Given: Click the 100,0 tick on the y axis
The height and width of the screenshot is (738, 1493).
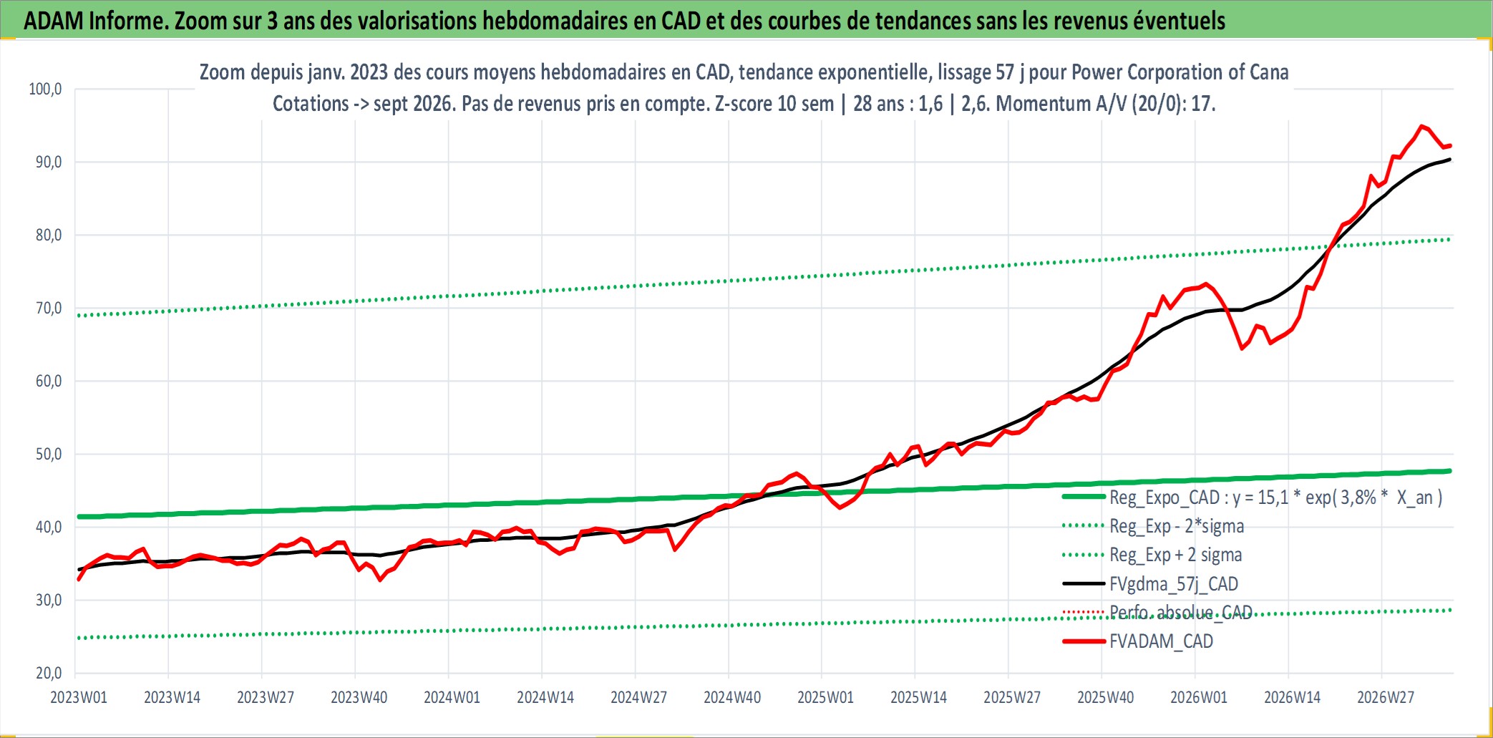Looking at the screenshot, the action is tap(45, 89).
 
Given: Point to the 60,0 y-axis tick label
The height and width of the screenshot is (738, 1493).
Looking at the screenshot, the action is tap(49, 382).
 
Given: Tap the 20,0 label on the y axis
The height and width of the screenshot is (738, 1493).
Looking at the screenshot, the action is tap(49, 674).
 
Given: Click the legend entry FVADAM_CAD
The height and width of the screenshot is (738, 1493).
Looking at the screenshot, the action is tap(1161, 641).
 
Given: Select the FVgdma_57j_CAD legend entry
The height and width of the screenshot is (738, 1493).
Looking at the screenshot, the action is tap(1174, 584).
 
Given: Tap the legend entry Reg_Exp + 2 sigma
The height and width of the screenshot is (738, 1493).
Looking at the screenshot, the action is tap(1176, 555).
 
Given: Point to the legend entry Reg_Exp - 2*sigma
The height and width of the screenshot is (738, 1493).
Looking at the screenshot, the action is tap(1177, 526).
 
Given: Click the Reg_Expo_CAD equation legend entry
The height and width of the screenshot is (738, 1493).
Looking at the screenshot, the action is tap(1276, 497).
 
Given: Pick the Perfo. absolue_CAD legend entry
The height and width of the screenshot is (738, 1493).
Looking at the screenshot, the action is tap(1181, 613).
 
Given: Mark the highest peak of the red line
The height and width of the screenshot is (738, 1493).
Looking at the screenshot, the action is tap(1421, 126).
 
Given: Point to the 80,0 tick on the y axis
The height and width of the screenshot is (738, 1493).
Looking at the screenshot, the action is tap(49, 236).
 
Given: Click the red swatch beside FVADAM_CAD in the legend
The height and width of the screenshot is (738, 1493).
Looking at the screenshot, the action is tap(1084, 641).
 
